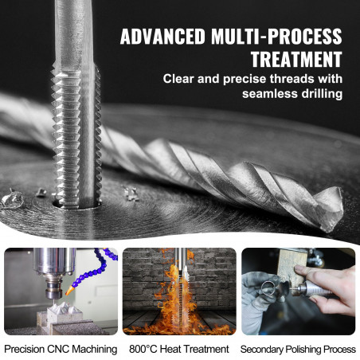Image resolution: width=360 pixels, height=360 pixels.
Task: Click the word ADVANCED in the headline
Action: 162,36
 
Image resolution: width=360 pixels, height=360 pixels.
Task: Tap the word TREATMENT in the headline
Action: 296,59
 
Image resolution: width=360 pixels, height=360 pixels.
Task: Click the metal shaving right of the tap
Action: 131,194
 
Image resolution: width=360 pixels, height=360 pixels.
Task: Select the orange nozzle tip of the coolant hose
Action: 69,291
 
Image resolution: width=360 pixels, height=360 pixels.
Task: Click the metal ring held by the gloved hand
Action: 268,289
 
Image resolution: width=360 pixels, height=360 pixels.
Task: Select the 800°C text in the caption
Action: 143,349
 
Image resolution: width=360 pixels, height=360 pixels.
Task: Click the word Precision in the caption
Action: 25,349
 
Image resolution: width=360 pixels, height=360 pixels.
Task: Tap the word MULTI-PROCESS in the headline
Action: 276,36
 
